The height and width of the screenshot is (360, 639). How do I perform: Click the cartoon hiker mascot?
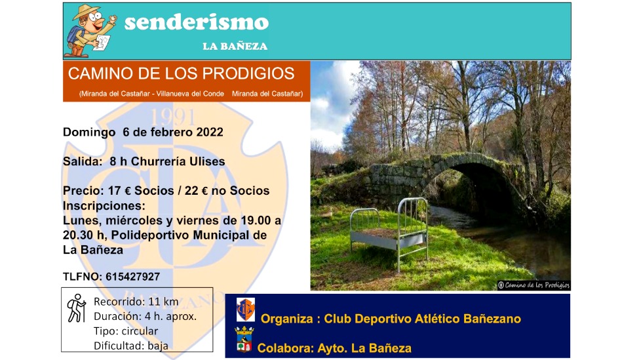coord(91,31)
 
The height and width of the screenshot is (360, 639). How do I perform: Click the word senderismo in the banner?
coord(197,22)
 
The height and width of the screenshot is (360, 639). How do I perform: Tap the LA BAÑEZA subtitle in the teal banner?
coord(235,46)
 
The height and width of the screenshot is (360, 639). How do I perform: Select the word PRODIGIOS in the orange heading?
coord(248,74)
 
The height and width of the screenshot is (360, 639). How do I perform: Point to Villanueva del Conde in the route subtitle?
coord(190,94)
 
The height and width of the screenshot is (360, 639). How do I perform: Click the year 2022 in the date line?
coord(210,132)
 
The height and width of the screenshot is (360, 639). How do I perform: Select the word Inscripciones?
coord(104,205)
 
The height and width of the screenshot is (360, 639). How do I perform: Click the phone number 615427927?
coord(132,277)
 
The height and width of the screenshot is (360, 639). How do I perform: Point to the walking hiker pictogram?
coord(76,308)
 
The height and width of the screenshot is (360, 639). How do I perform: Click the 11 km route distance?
coord(163,302)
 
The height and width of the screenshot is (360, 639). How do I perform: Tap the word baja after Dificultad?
coord(158,346)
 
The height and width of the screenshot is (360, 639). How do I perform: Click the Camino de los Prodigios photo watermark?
coord(533,285)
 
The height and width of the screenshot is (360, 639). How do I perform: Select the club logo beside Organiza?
coord(246,310)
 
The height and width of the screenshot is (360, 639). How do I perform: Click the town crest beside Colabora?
coord(244,339)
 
